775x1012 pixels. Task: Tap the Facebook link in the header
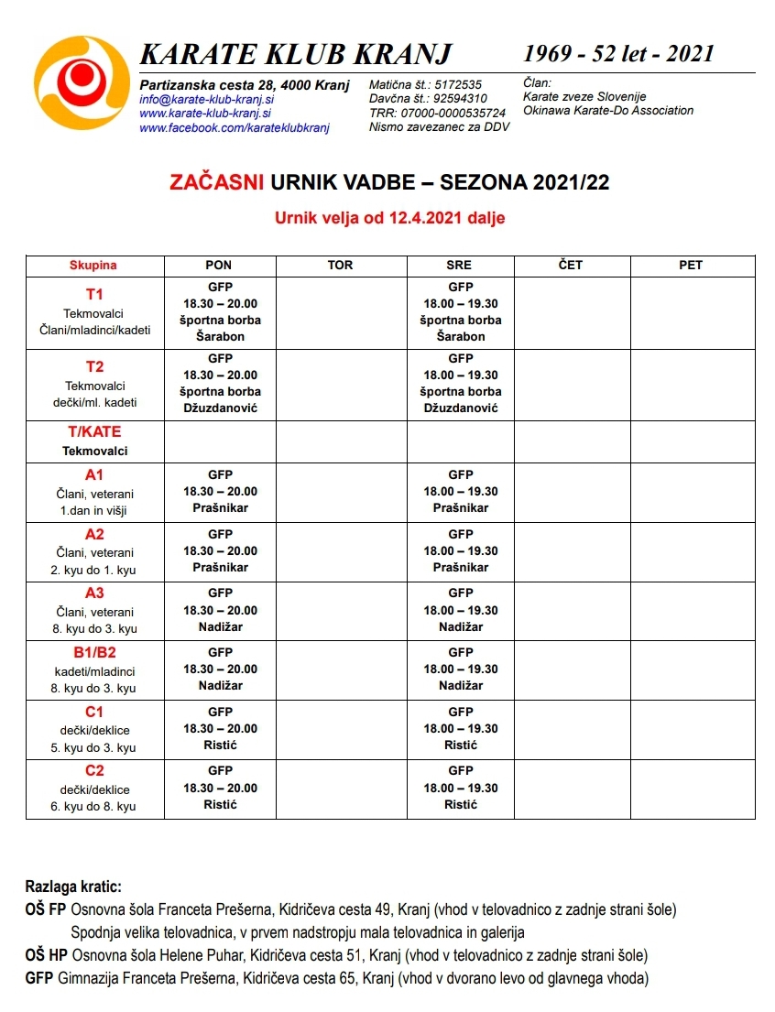click(x=234, y=128)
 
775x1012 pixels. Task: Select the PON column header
click(x=219, y=265)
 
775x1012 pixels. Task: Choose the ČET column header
click(x=571, y=265)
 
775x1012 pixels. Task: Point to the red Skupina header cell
click(x=93, y=266)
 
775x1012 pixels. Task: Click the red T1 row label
click(x=94, y=294)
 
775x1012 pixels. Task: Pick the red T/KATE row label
click(x=94, y=431)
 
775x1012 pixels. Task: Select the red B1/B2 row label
click(x=94, y=651)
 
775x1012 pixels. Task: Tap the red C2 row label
click(x=94, y=770)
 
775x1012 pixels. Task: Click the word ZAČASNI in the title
click(x=217, y=183)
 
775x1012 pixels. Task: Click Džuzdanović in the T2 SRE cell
click(x=461, y=408)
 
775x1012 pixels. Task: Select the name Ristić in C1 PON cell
click(x=220, y=745)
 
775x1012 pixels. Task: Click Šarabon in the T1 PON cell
click(x=220, y=337)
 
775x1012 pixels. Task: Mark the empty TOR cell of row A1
click(x=341, y=492)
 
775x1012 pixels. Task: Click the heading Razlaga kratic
click(x=73, y=887)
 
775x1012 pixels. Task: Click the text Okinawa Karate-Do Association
click(x=608, y=111)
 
